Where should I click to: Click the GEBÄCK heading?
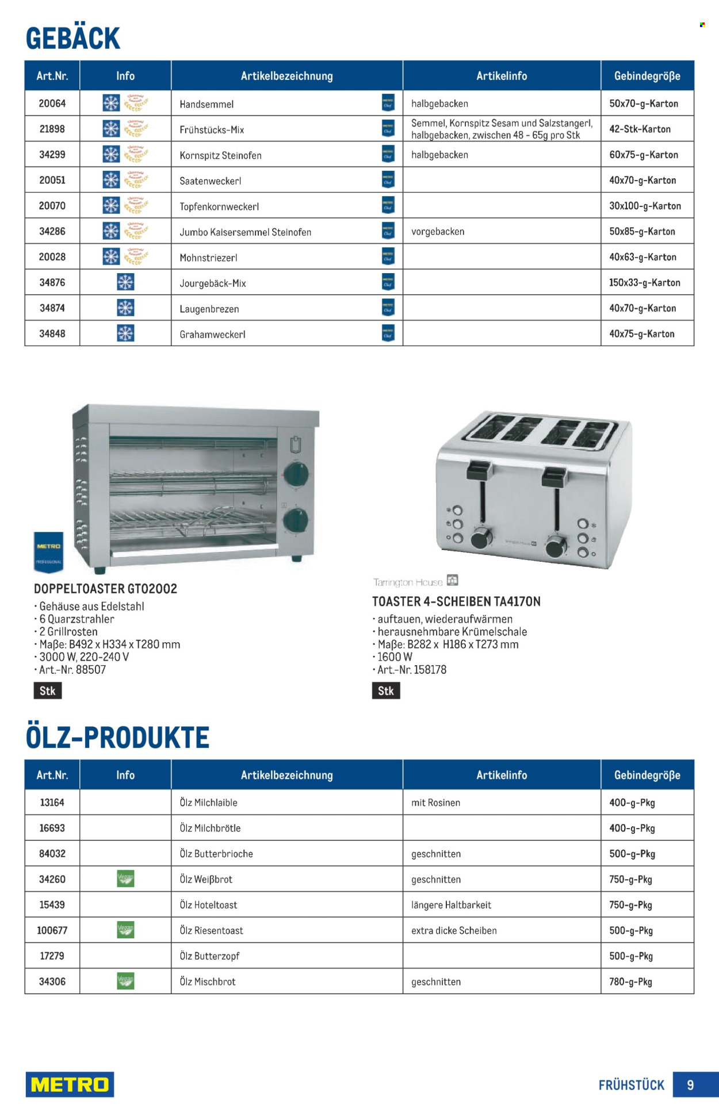tap(73, 39)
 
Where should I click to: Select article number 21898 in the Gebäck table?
tap(52, 129)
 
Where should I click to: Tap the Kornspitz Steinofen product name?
tap(220, 155)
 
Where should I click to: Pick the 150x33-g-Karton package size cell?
tap(644, 282)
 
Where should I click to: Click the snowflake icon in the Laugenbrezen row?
tap(125, 308)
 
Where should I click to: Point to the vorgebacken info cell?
tap(438, 231)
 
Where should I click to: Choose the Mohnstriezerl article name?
tap(208, 258)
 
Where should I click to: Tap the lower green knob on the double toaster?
tap(296, 520)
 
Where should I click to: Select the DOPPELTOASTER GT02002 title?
tap(105, 589)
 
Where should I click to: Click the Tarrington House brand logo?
tap(415, 582)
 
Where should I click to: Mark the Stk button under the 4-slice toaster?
tap(385, 691)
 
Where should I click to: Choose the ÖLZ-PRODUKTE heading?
tap(118, 738)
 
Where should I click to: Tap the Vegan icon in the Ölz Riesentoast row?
tap(125, 930)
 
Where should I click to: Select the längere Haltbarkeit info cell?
tap(451, 904)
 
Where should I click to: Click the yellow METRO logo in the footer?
tap(70, 1084)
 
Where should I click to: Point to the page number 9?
tap(690, 1085)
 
